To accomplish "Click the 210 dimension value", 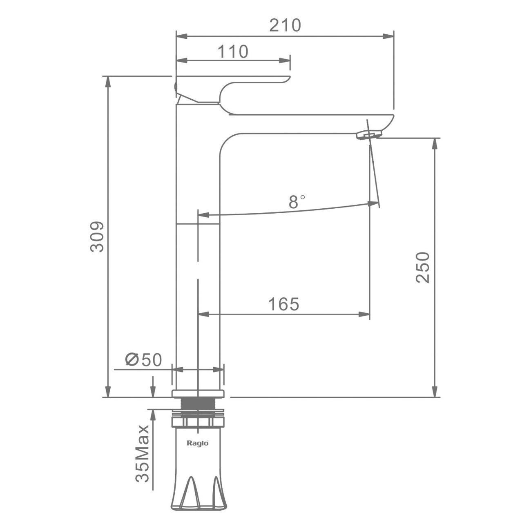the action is tap(285, 25).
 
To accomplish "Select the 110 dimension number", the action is tap(233, 51).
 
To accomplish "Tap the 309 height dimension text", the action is tap(97, 236).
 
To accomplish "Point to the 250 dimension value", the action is tap(422, 267).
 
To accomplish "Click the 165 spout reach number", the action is tap(284, 304).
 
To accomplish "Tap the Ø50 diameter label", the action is tap(143, 359).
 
